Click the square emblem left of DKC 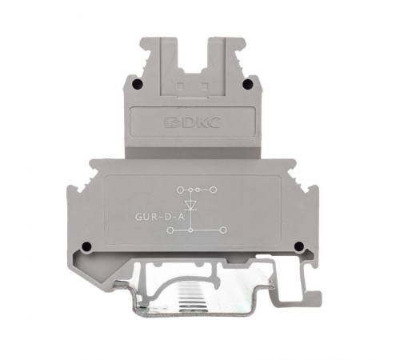pos(173,122)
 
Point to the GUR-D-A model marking pos(160,217)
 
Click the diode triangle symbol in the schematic pos(190,205)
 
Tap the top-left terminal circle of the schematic pos(180,190)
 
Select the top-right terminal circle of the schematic pos(214,190)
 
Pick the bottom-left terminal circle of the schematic pos(170,230)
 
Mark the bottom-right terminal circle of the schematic pos(223,230)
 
